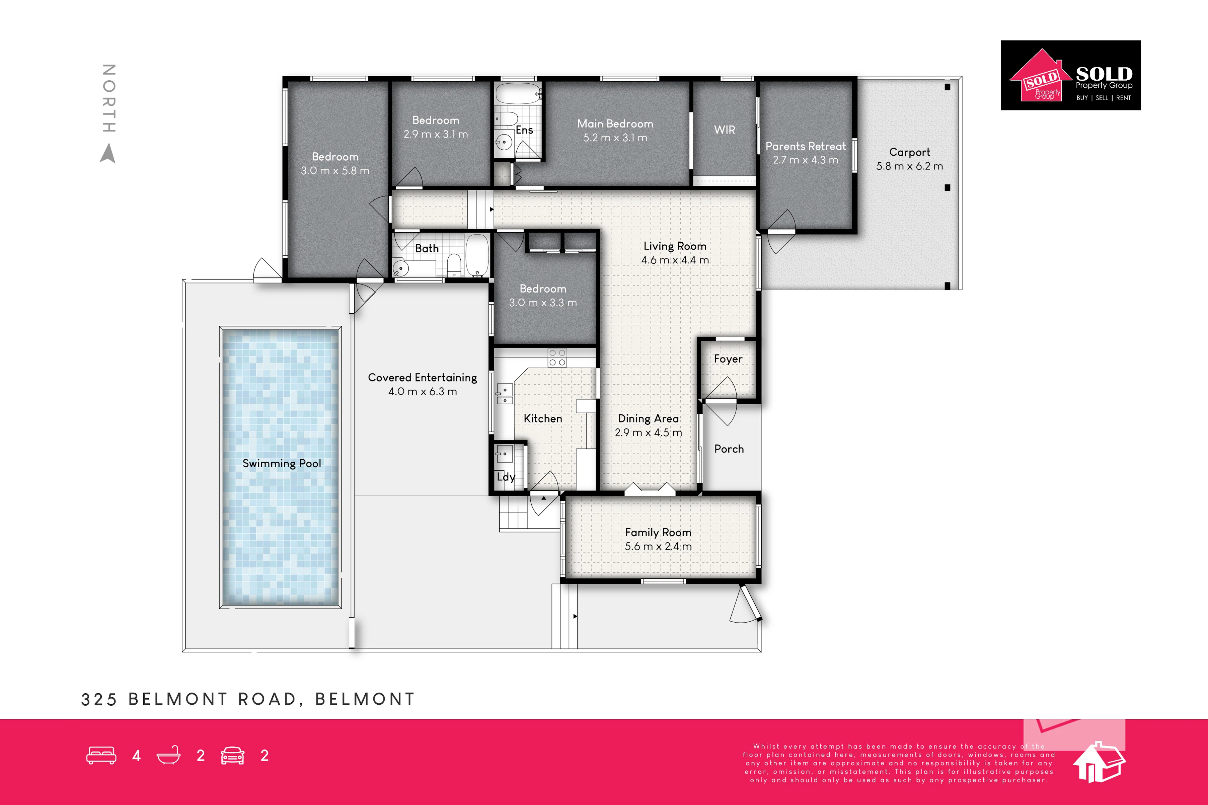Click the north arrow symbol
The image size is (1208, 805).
tap(108, 154)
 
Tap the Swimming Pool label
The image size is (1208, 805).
tap(282, 464)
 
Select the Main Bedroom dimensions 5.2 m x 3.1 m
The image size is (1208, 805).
tap(615, 138)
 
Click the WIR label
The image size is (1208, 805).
tap(725, 130)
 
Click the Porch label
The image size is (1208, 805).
tap(729, 449)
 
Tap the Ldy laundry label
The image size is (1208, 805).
tap(506, 477)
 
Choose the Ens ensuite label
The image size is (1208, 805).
tap(524, 130)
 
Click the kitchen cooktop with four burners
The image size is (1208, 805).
tap(557, 358)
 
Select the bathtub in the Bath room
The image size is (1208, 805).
tap(477, 255)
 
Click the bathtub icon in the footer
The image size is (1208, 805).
tap(168, 755)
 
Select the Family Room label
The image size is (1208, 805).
tap(658, 533)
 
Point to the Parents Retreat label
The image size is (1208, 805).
tap(806, 146)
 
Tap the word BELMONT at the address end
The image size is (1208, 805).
tap(365, 699)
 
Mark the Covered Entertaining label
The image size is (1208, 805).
tap(423, 378)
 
